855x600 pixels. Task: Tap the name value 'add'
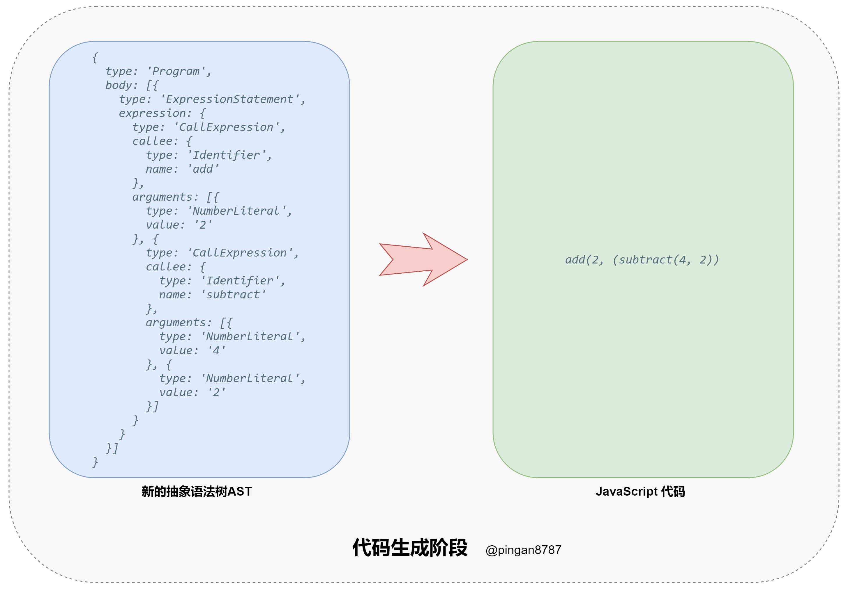203,169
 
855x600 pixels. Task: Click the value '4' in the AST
216,350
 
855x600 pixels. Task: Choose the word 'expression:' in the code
155,113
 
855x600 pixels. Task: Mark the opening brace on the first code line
95,57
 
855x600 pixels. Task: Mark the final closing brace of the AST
95,462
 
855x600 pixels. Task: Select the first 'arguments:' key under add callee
165,197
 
